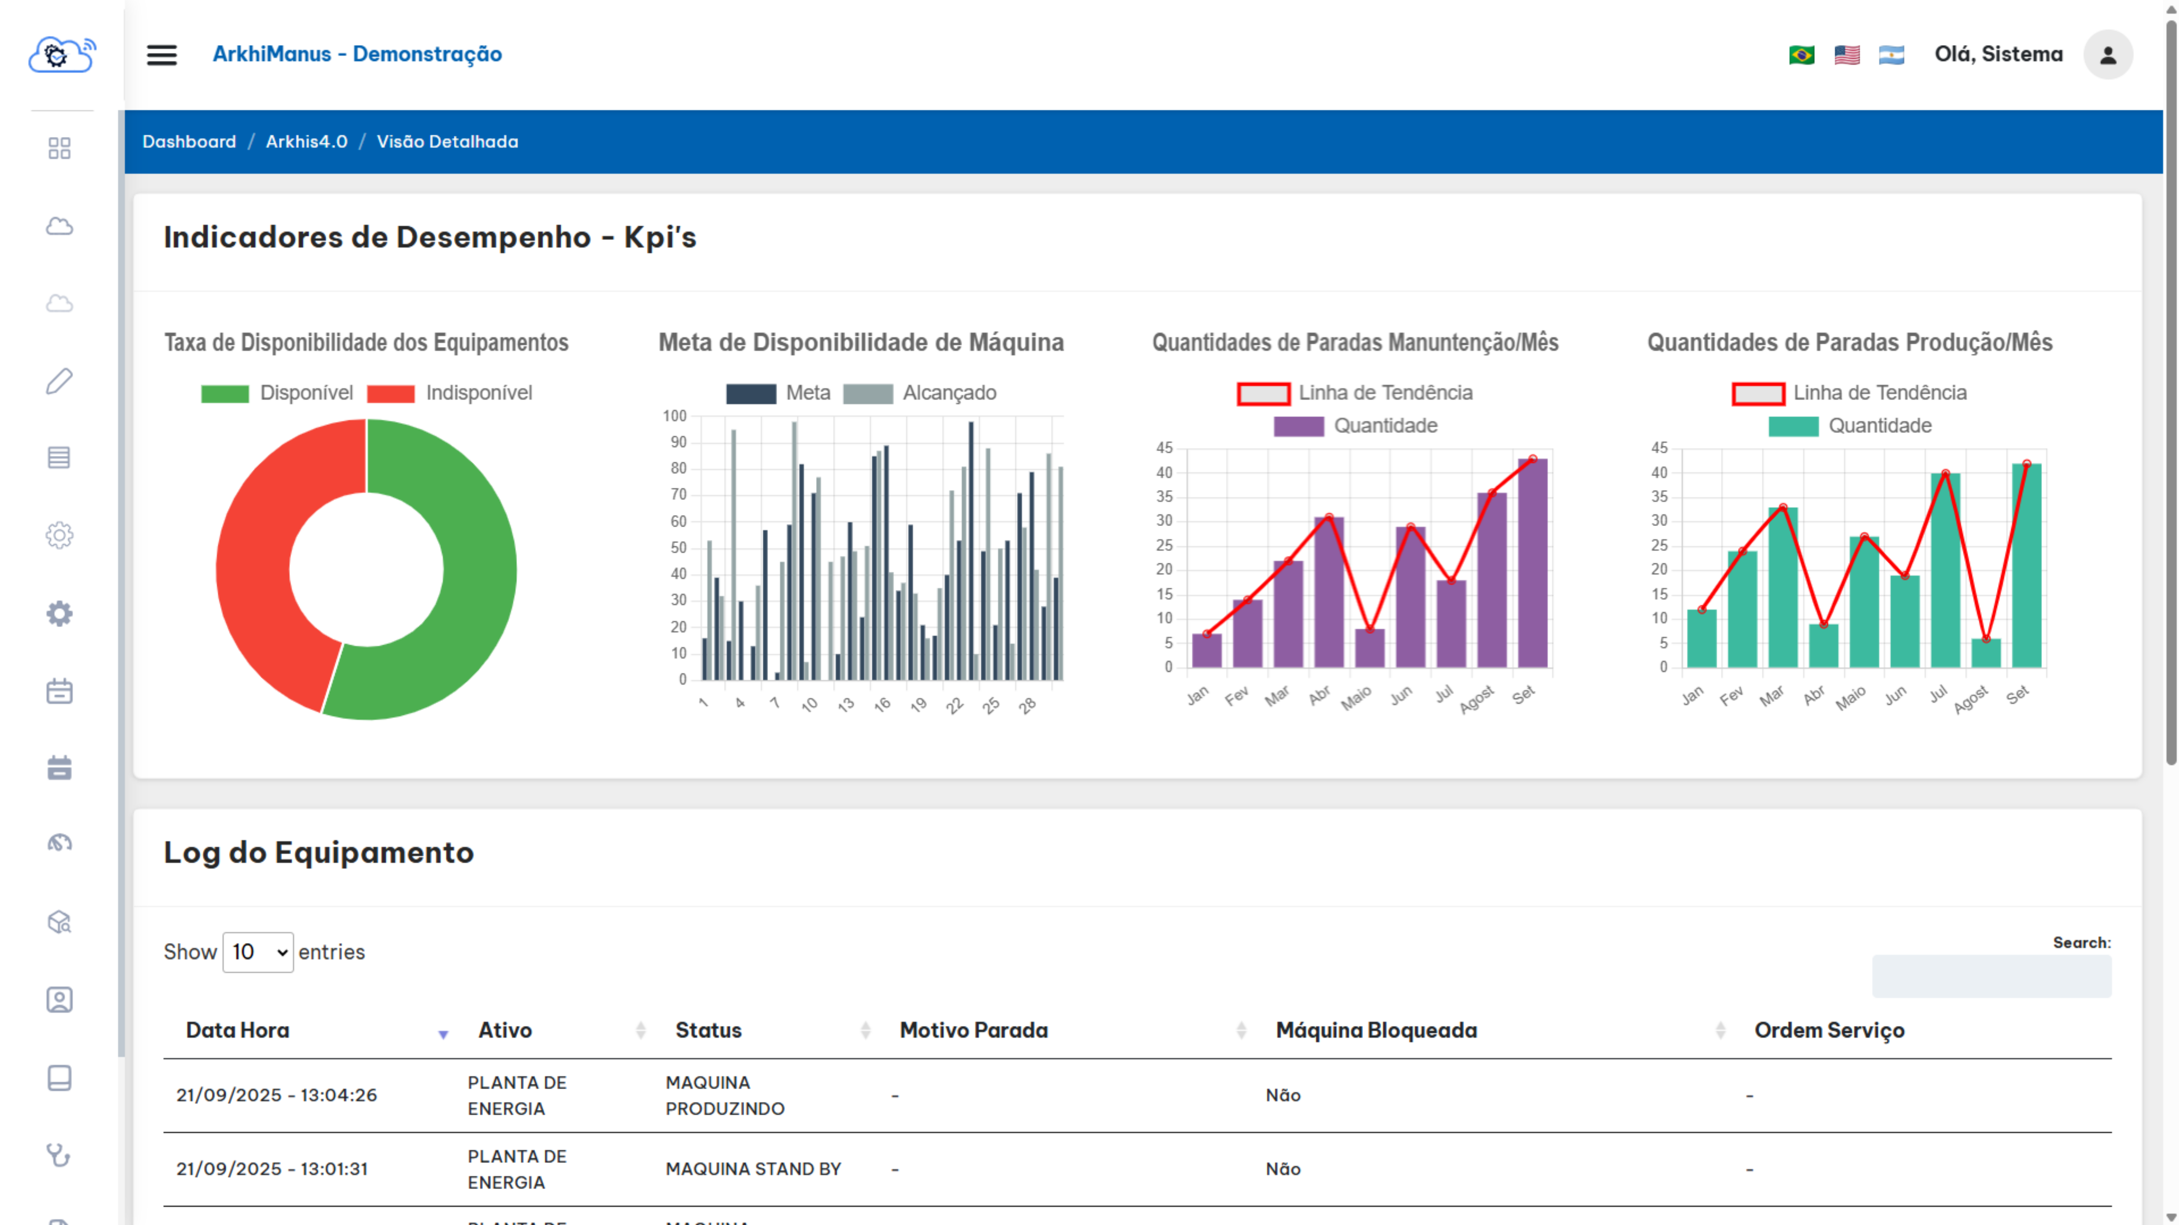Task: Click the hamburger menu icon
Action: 162,55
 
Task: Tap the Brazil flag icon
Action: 1801,55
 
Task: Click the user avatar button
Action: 2107,55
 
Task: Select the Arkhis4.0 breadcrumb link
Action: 306,141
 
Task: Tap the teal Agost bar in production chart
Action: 1985,653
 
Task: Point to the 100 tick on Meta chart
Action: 674,416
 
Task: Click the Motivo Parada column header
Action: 973,1030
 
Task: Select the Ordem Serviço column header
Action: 1829,1030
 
